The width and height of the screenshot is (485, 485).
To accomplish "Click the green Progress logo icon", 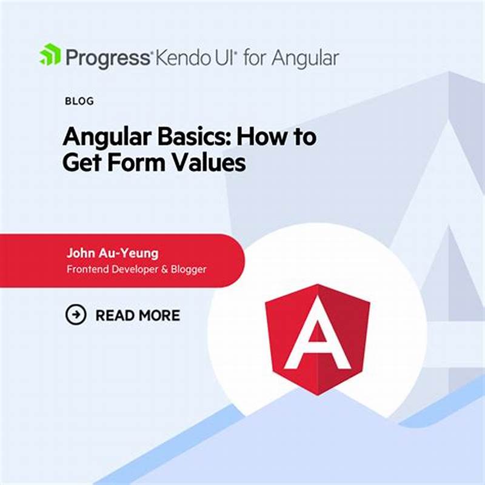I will [50, 56].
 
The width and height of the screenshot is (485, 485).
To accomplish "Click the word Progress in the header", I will [107, 58].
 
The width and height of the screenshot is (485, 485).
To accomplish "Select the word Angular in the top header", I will [305, 59].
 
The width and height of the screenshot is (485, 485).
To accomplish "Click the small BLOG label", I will [79, 101].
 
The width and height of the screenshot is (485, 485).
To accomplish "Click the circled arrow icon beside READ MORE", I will [76, 315].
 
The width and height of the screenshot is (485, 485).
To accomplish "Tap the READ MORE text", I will [138, 315].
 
